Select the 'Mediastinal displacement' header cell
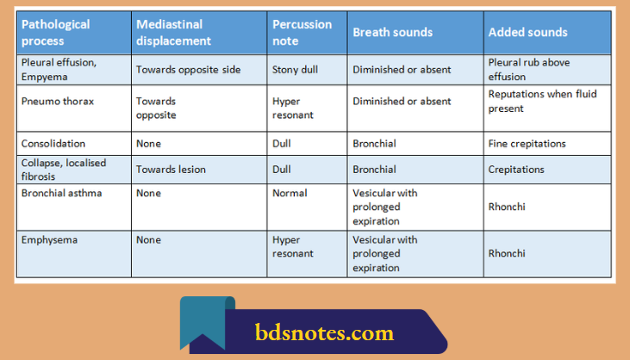(x=173, y=32)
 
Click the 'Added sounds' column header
(x=527, y=33)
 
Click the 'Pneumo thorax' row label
(x=58, y=101)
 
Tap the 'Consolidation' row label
(x=53, y=144)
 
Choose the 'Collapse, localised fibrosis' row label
(x=61, y=169)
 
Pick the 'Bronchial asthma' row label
(x=61, y=193)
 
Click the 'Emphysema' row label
(x=49, y=240)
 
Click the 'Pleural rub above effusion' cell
(x=528, y=69)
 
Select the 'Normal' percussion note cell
(x=290, y=193)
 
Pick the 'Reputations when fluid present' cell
(x=542, y=101)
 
